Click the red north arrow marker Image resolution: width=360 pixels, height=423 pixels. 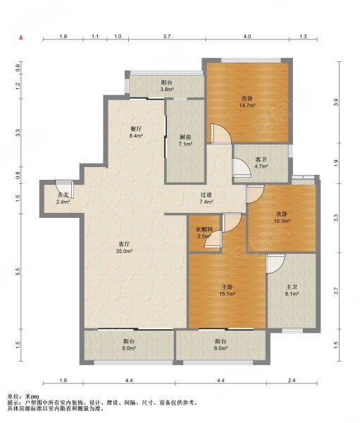pyautogui.click(x=20, y=37)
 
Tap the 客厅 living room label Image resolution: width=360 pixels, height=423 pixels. pyautogui.click(x=124, y=245)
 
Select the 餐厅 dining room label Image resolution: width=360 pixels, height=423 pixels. pyautogui.click(x=136, y=129)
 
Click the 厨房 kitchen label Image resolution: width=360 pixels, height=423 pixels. pyautogui.click(x=185, y=137)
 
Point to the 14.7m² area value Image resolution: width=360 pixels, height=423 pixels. pyautogui.click(x=247, y=106)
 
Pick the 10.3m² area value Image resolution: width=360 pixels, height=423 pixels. pyautogui.click(x=282, y=221)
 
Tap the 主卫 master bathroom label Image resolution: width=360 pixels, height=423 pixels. pyautogui.click(x=292, y=288)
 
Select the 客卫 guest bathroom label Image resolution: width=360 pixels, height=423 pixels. pyautogui.click(x=261, y=159)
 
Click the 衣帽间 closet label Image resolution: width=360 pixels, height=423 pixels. pyautogui.click(x=204, y=230)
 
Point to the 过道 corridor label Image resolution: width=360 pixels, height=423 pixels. pyautogui.click(x=206, y=195)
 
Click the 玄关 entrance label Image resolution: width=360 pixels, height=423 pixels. pyautogui.click(x=63, y=195)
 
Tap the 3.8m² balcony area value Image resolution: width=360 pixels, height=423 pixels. pyautogui.click(x=167, y=90)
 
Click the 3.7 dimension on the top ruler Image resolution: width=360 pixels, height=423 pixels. pyautogui.click(x=167, y=36)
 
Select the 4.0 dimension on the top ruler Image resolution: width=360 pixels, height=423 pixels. pyautogui.click(x=247, y=36)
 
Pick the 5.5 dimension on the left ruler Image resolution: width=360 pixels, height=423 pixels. pyautogui.click(x=18, y=271)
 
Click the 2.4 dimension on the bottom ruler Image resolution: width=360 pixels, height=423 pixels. pyautogui.click(x=292, y=381)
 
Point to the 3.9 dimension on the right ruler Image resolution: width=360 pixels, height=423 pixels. pyautogui.click(x=336, y=102)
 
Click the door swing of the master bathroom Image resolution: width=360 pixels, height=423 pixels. pyautogui.click(x=275, y=264)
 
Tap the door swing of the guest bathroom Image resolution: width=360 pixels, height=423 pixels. pyautogui.click(x=242, y=167)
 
